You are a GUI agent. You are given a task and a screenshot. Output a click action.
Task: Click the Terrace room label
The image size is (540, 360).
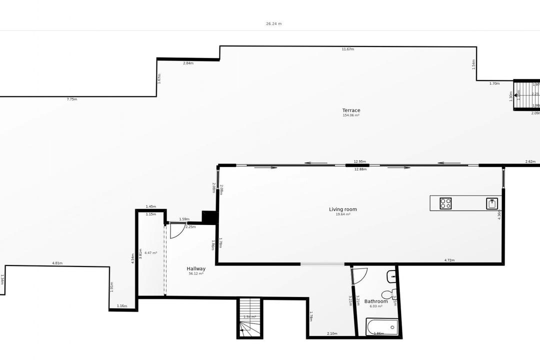[351, 110]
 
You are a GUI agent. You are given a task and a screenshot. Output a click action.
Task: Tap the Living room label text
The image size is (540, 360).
[343, 209]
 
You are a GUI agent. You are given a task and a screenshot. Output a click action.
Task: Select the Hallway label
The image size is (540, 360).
[196, 268]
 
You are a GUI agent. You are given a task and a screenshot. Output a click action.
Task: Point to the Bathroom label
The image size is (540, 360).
[376, 301]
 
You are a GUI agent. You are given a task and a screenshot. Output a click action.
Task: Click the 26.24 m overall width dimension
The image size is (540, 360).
[273, 23]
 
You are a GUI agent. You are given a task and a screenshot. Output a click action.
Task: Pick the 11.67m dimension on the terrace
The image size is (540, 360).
[348, 49]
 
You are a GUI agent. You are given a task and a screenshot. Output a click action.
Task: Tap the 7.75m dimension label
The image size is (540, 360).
[72, 99]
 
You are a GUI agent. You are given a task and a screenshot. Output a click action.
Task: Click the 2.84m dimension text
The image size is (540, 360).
[188, 63]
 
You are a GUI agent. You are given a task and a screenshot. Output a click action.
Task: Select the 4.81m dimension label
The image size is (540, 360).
[57, 263]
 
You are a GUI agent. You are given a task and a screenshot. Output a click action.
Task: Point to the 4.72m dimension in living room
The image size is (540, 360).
[449, 260]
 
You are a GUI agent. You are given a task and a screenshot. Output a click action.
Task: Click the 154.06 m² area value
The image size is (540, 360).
[351, 115]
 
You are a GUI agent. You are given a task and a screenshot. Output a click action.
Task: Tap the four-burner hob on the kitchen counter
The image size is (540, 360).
[445, 203]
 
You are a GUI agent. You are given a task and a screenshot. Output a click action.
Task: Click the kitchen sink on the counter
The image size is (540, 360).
[492, 203]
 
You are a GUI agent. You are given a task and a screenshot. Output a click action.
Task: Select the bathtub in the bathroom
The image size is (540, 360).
[382, 327]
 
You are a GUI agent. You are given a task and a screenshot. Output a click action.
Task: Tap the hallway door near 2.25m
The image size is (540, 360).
[176, 230]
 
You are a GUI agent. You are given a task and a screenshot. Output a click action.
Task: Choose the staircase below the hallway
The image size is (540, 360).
[250, 317]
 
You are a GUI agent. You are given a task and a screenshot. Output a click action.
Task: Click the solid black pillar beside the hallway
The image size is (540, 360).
[209, 216]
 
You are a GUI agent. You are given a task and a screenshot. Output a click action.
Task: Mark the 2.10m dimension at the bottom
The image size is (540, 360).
[332, 334]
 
